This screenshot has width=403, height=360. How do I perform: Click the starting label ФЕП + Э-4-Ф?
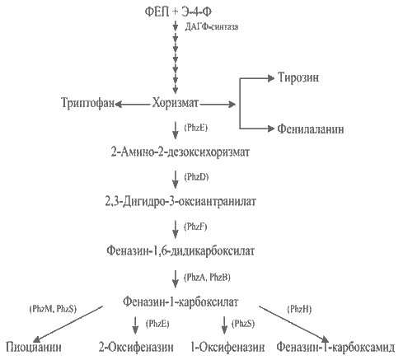coord(178,12)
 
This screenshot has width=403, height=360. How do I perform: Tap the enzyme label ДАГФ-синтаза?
coord(212,27)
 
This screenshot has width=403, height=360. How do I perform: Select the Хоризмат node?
coord(176,103)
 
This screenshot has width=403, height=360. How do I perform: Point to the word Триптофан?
coord(88,103)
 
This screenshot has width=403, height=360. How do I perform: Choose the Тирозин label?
coord(298,77)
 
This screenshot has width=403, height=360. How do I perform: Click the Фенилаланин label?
coord(311,129)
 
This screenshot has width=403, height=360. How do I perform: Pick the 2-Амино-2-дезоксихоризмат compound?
coord(180,152)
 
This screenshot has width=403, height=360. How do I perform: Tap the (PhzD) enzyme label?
coord(196,177)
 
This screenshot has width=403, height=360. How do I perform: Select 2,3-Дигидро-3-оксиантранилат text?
coord(180,202)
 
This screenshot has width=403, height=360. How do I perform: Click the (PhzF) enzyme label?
coord(195,227)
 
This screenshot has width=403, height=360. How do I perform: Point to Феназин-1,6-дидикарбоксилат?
coord(180,251)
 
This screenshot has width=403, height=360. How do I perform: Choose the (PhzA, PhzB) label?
coord(207,278)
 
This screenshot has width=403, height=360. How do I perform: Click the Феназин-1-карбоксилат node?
coord(180,302)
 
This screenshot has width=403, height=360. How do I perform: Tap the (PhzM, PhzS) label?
coord(53,309)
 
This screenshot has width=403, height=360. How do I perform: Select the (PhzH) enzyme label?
coord(299,310)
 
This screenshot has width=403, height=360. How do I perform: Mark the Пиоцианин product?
coord(34,347)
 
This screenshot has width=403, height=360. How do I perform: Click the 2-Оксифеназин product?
coord(136,348)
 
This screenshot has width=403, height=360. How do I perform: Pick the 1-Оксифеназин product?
coord(227,348)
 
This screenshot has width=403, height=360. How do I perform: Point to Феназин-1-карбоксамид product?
coord(335,348)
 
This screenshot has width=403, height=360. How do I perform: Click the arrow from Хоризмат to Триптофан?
coord(133,105)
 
